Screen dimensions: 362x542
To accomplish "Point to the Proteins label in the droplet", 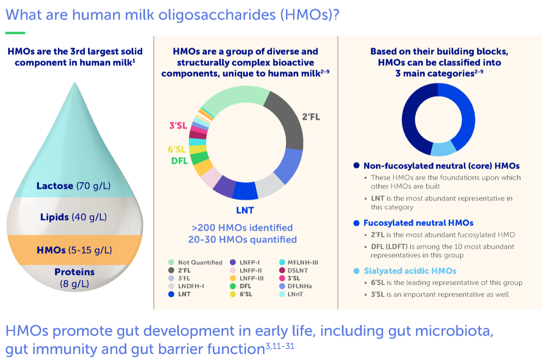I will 74,272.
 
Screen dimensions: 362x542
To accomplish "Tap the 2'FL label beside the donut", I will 311,117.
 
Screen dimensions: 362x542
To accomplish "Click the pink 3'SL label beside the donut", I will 178,126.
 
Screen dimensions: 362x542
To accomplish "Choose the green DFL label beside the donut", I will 179,161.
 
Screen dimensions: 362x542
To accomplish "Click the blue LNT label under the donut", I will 245,210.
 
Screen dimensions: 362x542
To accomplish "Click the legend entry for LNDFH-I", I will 190,286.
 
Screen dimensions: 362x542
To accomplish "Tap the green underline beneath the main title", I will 15,33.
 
